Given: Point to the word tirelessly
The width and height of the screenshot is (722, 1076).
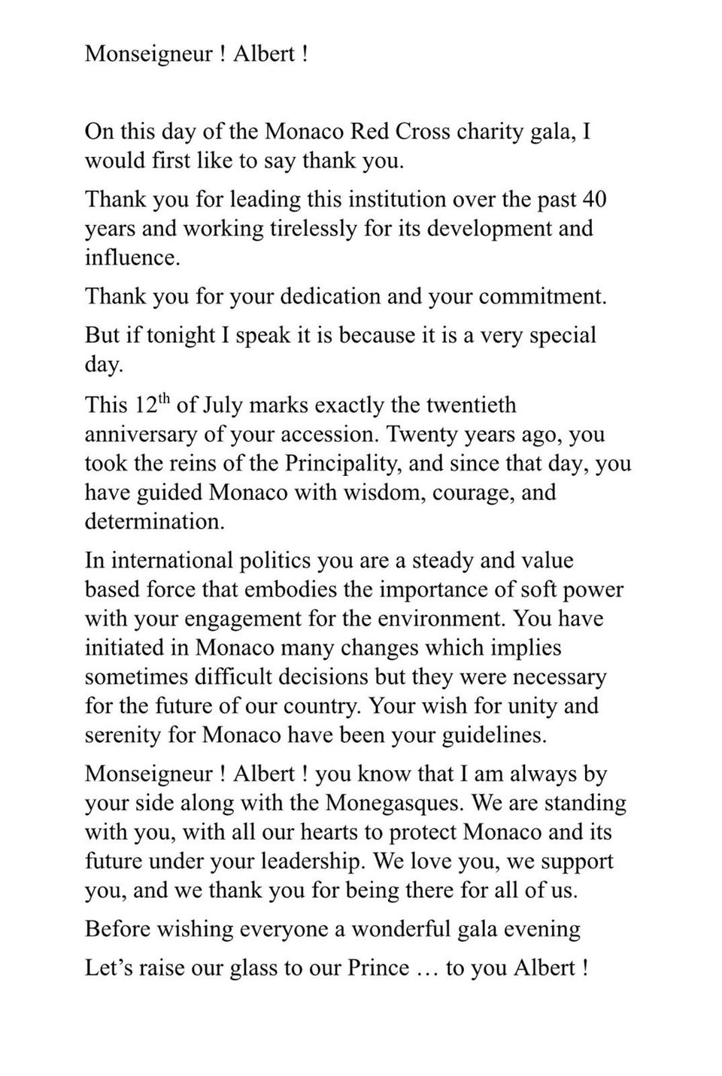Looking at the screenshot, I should click(x=308, y=228).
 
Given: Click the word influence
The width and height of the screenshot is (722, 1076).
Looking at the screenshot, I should click(x=132, y=257).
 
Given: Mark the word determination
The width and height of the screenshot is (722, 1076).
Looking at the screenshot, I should click(x=154, y=521).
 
